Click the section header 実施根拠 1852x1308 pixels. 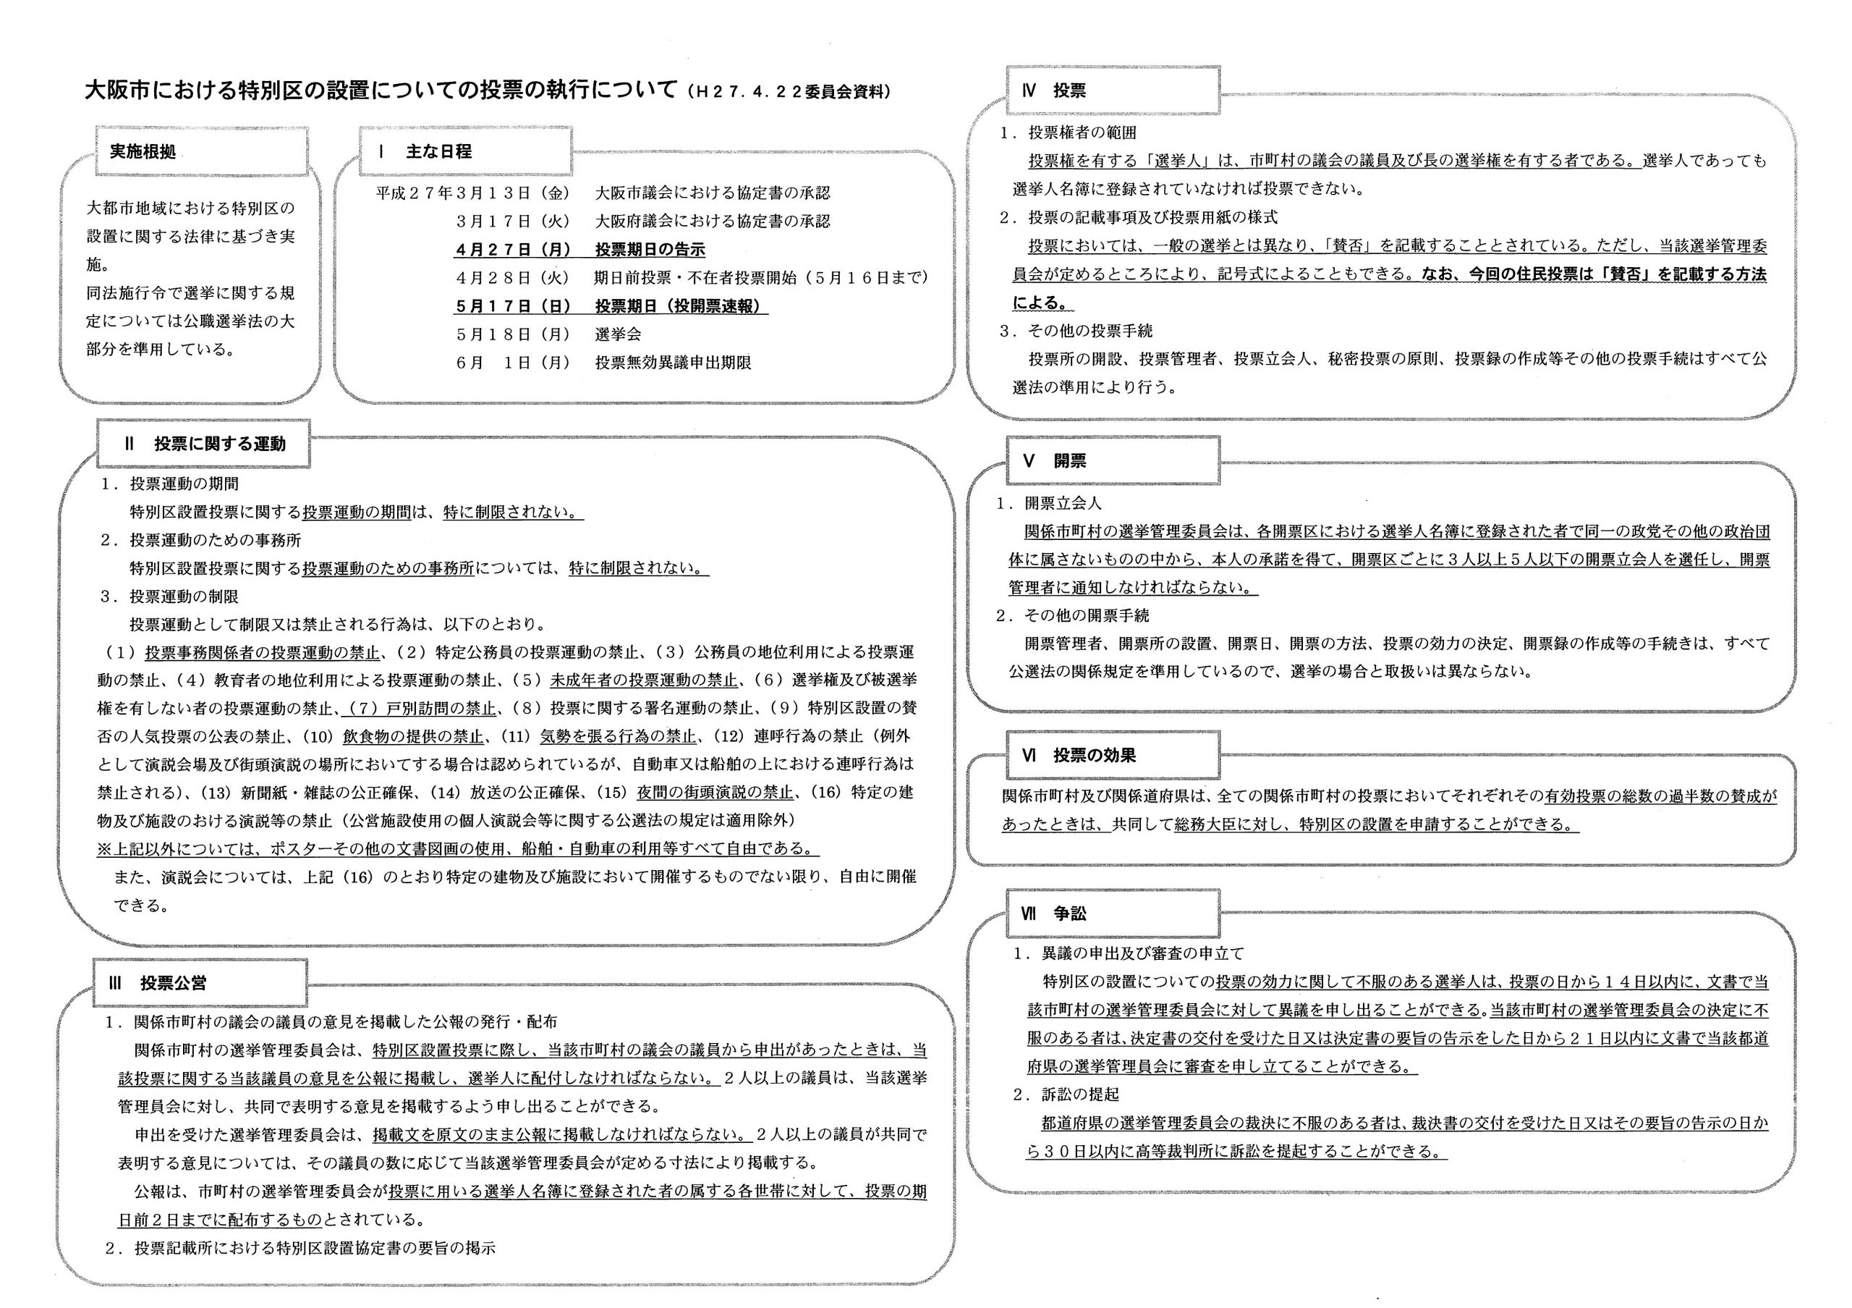143,152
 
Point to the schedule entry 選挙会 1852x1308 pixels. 619,334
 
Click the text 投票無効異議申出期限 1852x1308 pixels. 673,363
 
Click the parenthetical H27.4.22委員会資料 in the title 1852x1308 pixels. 788,92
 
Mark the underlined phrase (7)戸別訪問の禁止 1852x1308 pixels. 420,708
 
